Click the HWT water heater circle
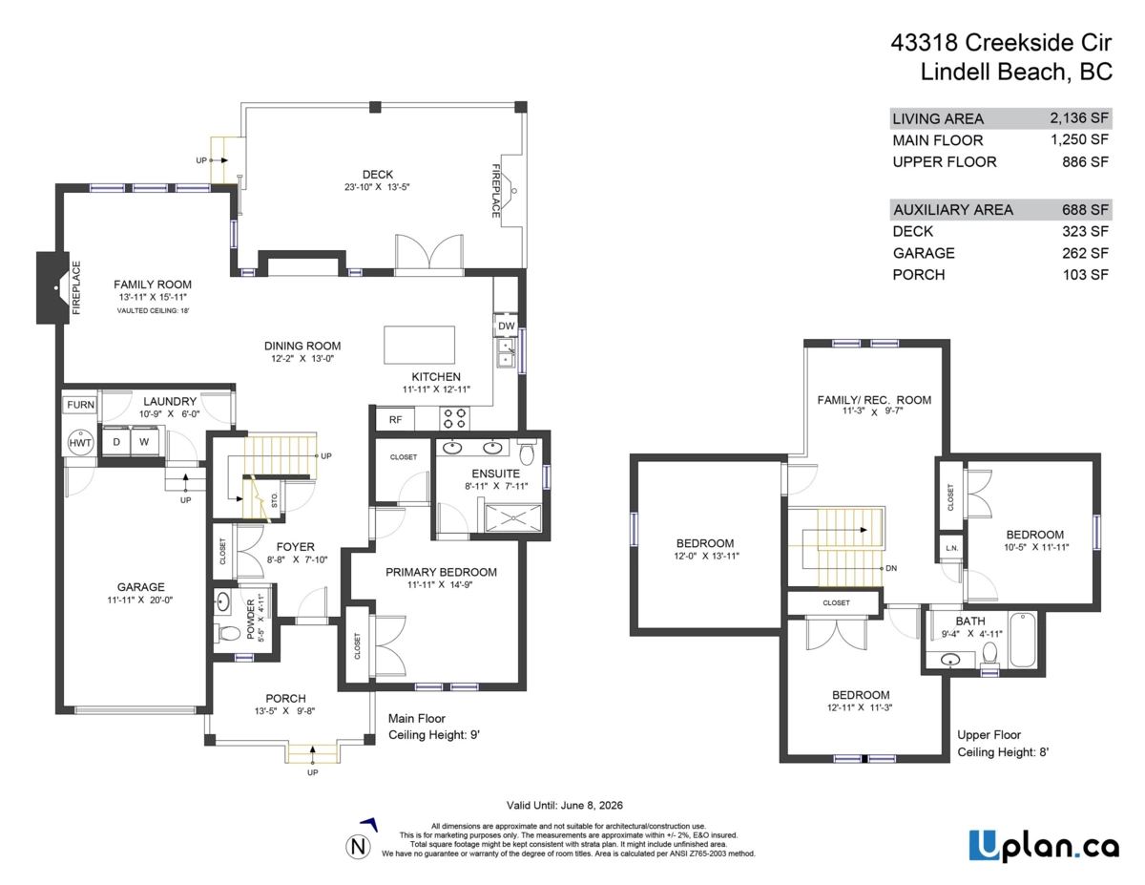click(80, 443)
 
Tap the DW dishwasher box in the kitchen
click(506, 326)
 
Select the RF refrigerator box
click(395, 419)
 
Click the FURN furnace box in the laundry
click(80, 405)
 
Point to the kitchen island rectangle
click(419, 346)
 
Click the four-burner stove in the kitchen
click(454, 418)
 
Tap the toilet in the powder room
click(228, 633)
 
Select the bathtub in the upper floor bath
click(1022, 640)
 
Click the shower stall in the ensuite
click(512, 518)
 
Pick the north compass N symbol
click(359, 847)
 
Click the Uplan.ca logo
click(1044, 846)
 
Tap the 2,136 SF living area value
click(1079, 118)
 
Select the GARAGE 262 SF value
click(1085, 253)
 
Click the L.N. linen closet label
click(951, 548)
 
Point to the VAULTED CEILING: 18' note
click(153, 311)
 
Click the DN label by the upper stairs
click(891, 568)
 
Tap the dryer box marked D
click(116, 442)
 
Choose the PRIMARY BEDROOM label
click(441, 573)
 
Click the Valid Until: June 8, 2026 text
click(564, 806)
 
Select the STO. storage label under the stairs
click(275, 499)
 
